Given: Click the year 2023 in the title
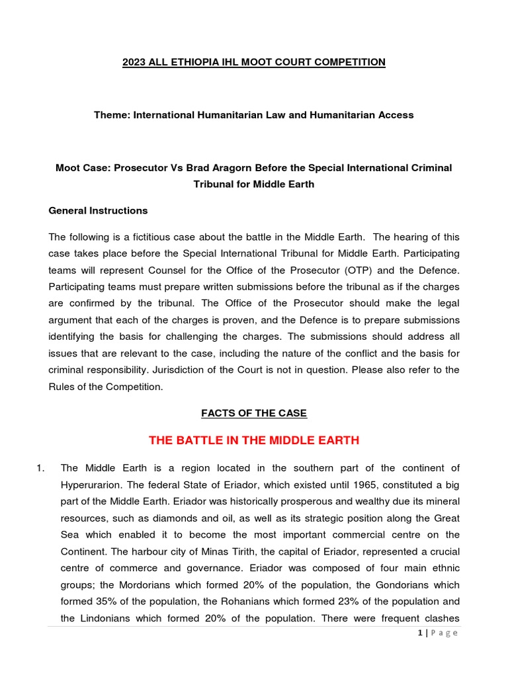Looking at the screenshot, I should pyautogui.click(x=134, y=62).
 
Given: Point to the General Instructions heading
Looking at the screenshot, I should pyautogui.click(x=99, y=211).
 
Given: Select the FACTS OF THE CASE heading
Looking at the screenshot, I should pyautogui.click(x=254, y=413).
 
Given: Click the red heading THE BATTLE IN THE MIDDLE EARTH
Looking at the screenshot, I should pyautogui.click(x=254, y=440).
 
